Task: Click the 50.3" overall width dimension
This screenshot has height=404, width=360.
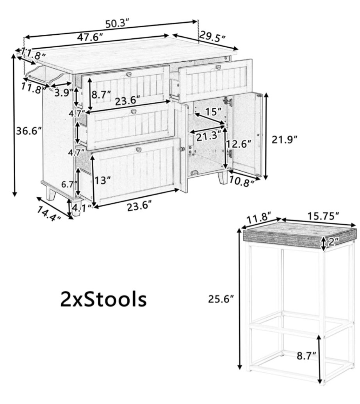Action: point(117,23)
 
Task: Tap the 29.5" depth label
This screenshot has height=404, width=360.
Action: point(213,38)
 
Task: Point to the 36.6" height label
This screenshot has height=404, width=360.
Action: point(29,131)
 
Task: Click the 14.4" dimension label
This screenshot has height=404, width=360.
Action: point(49,214)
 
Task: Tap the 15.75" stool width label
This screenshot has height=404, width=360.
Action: point(323,216)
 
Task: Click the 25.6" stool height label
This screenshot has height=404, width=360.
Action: point(221,300)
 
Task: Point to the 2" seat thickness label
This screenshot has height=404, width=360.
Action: point(331,242)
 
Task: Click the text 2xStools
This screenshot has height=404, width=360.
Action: point(104,300)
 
